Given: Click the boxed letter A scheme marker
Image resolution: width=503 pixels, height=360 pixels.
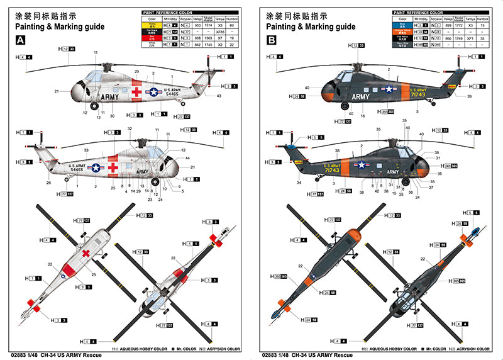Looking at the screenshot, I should tap(21, 40).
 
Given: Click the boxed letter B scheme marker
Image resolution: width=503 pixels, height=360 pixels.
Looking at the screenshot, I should tap(272, 40).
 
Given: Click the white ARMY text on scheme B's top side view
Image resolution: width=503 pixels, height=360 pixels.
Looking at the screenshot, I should tap(361, 97).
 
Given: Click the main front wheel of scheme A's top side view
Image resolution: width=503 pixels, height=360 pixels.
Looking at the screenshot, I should tap(95, 106).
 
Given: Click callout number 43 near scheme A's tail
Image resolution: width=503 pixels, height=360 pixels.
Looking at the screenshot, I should tap(218, 96).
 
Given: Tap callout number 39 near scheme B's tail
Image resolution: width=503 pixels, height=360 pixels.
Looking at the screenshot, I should tap(469, 96).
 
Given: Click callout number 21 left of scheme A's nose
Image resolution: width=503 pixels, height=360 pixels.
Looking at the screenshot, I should tap(56, 91).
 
